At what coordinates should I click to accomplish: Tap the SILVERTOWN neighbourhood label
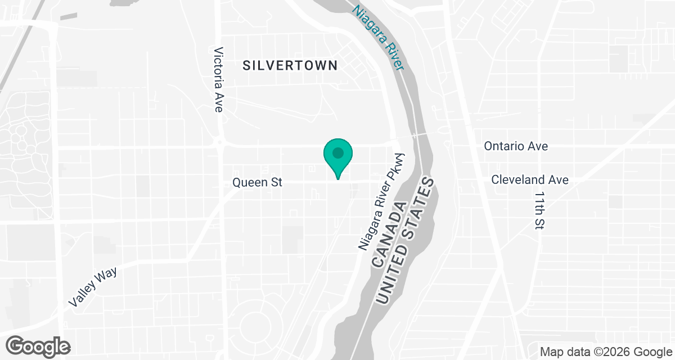point(290,65)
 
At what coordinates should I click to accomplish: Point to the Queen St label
point(257,182)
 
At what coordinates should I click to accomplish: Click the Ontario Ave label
point(516,146)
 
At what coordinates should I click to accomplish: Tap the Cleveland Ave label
point(529,180)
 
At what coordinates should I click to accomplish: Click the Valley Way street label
point(93,286)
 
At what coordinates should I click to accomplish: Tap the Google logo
point(39,345)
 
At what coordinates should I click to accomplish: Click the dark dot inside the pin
point(337,152)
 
